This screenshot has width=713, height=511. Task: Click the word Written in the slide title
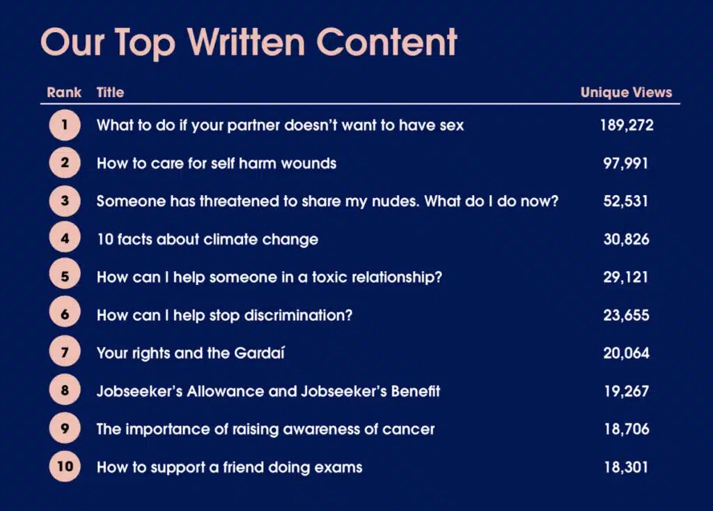coord(246,42)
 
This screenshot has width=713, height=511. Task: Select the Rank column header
coord(64,93)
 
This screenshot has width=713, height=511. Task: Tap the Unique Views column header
coord(626,93)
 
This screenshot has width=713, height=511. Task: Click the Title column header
coord(110,93)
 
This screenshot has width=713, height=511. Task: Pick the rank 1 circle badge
coord(65,125)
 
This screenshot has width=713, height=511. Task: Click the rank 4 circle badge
coord(65,238)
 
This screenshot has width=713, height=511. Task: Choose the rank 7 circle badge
coord(65,353)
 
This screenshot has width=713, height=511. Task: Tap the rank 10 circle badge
coord(65,466)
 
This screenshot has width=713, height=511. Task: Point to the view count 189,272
coord(627,125)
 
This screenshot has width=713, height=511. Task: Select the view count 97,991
coord(626,164)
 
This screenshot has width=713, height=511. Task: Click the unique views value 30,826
coord(626,240)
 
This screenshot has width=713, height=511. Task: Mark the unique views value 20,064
coord(626,353)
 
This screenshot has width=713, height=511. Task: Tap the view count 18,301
coord(626,467)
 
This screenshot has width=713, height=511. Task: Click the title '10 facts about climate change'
coord(207,240)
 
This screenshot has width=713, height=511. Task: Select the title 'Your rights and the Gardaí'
coord(191,353)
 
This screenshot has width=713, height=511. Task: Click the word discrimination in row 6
coord(298,315)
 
